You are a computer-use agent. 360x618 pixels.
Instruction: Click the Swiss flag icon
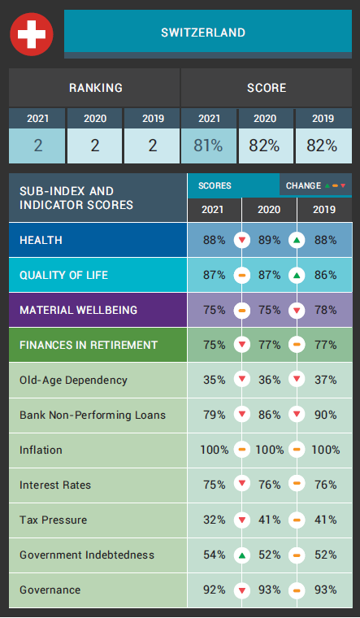(31, 33)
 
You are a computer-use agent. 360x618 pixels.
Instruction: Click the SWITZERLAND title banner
(202, 33)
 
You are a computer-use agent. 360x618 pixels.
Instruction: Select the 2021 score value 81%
(208, 146)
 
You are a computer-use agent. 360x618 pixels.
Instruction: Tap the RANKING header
(95, 88)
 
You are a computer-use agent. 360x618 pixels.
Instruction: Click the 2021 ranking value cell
(37, 146)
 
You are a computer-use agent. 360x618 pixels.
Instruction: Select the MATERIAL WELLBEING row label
(78, 310)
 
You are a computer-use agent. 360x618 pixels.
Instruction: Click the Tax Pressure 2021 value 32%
(215, 520)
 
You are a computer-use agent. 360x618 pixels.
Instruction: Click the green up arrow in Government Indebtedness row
(241, 555)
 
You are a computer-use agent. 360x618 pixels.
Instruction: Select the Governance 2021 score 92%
(215, 590)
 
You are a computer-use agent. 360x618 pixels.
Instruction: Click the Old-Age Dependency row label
(73, 380)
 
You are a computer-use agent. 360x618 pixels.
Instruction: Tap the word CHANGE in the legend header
(303, 185)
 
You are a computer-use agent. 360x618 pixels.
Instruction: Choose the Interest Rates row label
(55, 485)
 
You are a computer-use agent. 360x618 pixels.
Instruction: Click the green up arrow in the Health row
(297, 241)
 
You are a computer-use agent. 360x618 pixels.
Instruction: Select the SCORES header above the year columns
(215, 185)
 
